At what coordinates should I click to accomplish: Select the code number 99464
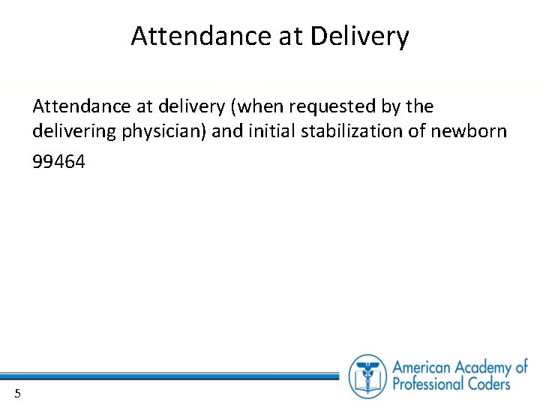[58, 161]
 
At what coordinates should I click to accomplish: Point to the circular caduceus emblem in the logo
[367, 376]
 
